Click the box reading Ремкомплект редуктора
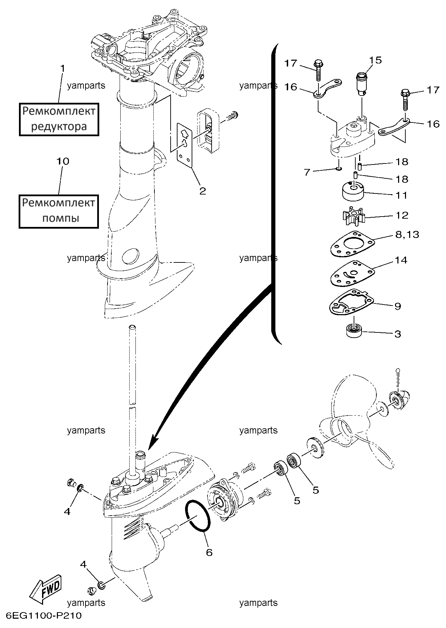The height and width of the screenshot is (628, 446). [59, 119]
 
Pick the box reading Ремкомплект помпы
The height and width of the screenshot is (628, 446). [59, 211]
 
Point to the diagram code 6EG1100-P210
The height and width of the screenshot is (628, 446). [44, 616]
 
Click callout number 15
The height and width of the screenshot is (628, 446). [376, 60]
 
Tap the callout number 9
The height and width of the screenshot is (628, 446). [397, 306]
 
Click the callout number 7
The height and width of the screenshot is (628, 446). [307, 172]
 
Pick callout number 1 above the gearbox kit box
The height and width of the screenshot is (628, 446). [62, 68]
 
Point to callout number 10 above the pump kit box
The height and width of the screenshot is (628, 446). [63, 161]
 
